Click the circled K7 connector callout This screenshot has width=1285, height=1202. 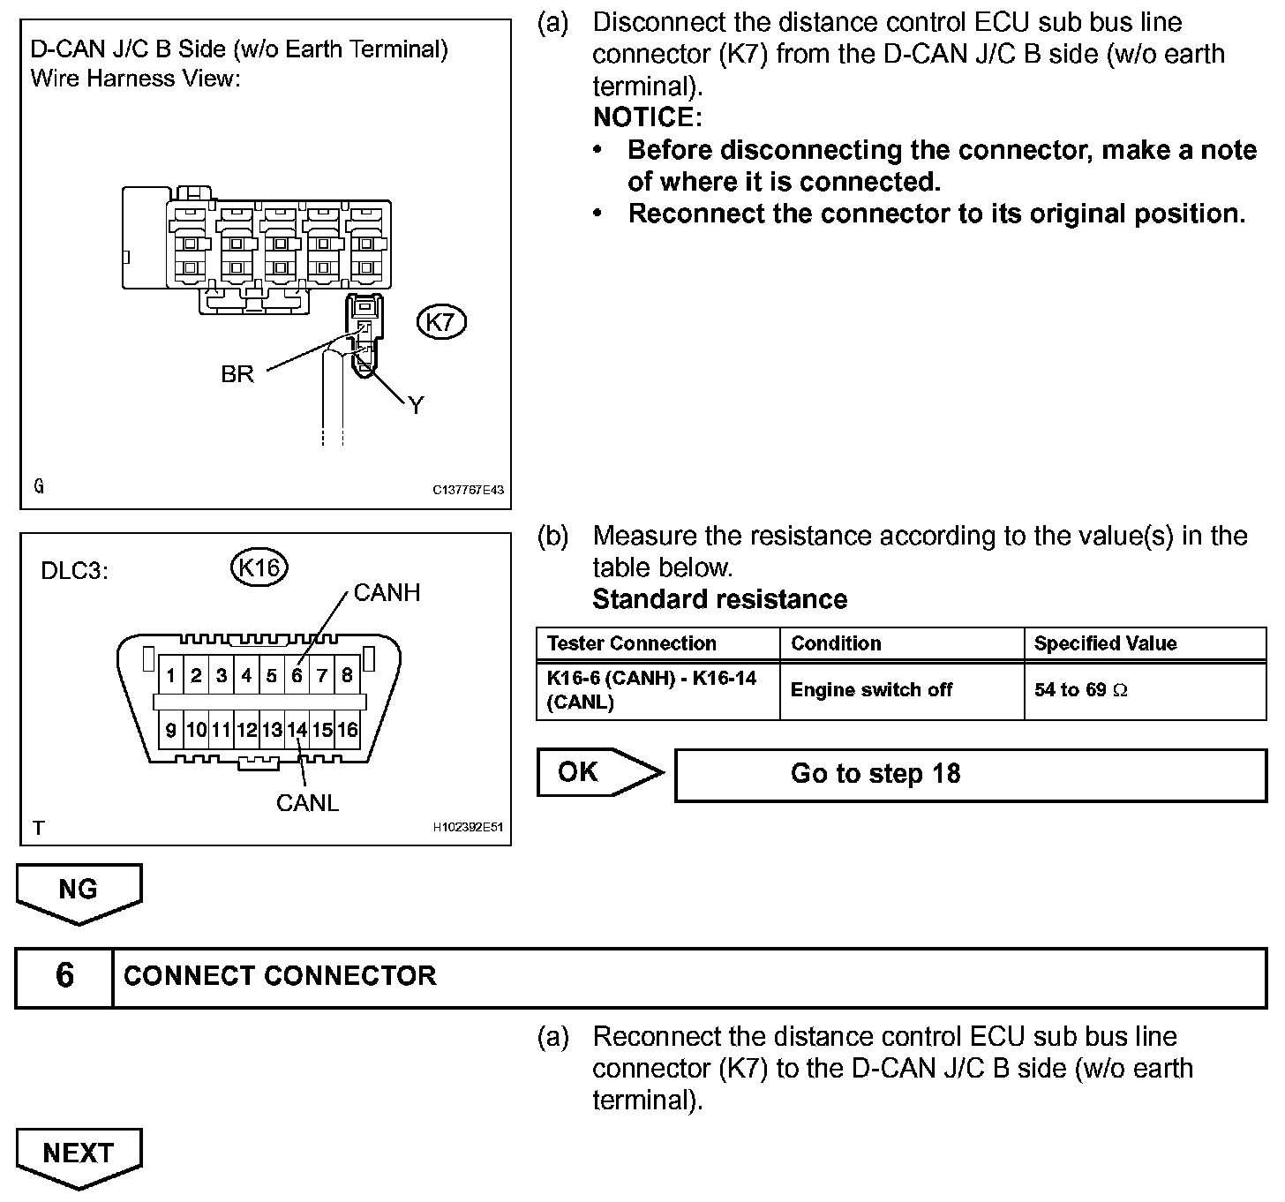pyautogui.click(x=440, y=322)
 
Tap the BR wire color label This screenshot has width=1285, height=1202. pyautogui.click(x=237, y=374)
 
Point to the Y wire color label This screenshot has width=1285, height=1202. pyautogui.click(x=416, y=405)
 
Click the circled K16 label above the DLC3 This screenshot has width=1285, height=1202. pyautogui.click(x=259, y=567)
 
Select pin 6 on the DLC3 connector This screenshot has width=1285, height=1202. pyautogui.click(x=297, y=676)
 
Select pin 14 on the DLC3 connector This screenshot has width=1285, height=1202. pyautogui.click(x=297, y=730)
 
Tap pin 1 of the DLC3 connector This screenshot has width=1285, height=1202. pyautogui.click(x=170, y=676)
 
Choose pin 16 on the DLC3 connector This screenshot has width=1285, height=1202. pyautogui.click(x=348, y=730)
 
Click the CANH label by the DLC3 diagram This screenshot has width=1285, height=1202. pyautogui.click(x=387, y=592)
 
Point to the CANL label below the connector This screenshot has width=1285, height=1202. pyautogui.click(x=307, y=803)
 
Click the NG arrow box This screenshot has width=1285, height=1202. pyautogui.click(x=79, y=891)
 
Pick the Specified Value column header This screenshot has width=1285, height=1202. pyautogui.click(x=1105, y=643)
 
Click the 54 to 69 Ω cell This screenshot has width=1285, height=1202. pyautogui.click(x=1080, y=690)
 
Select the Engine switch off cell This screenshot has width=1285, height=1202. pyautogui.click(x=871, y=690)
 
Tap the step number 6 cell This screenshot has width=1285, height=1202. pyautogui.click(x=64, y=976)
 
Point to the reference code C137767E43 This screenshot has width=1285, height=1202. pyautogui.click(x=468, y=490)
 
